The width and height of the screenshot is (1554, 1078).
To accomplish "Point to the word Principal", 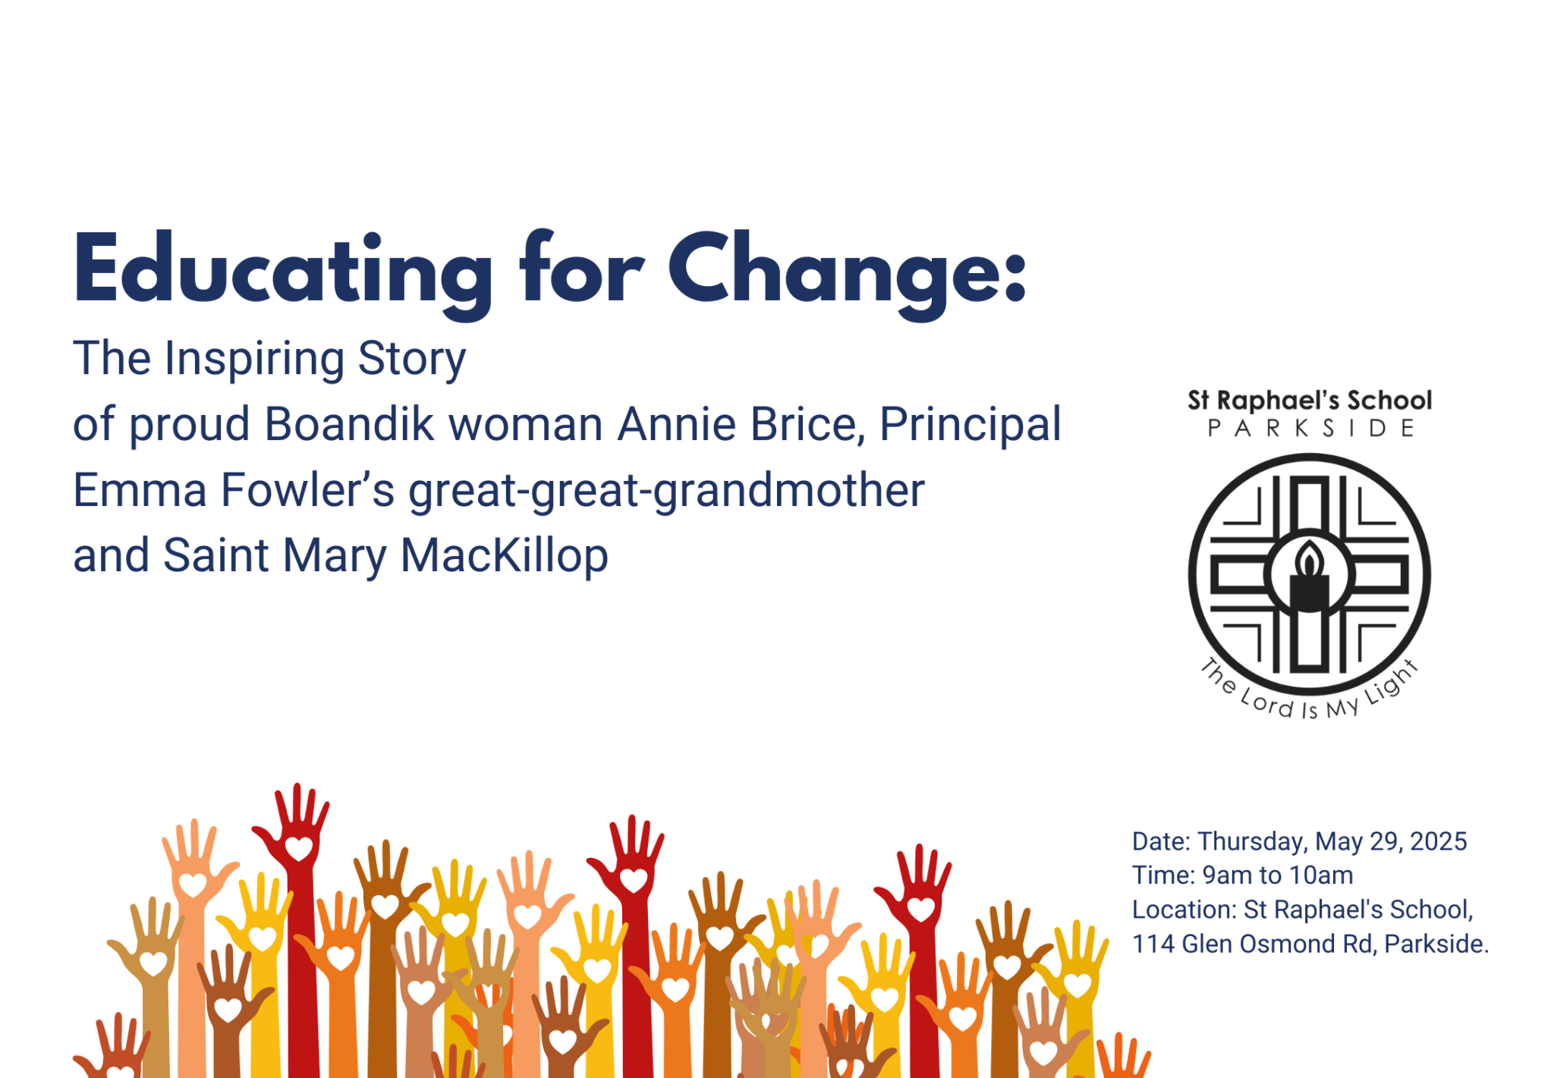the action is [x=970, y=425].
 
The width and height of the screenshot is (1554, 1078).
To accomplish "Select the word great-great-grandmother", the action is [x=667, y=491].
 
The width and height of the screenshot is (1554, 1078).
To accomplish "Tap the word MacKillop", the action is [x=505, y=557].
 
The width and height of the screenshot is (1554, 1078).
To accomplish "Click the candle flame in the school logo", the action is [x=1309, y=559].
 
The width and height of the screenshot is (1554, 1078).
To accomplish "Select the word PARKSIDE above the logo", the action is [x=1310, y=429].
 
